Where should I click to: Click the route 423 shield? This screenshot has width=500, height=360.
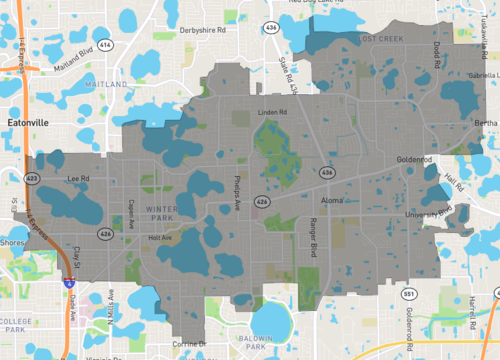tap(33, 179)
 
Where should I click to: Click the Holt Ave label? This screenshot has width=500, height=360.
tap(160, 238)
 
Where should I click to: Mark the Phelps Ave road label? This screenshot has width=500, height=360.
tap(238, 191)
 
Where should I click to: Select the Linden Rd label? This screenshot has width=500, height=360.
tap(273, 112)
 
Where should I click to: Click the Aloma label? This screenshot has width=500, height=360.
tap(331, 201)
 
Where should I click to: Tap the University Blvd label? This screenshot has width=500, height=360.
tap(431, 213)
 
